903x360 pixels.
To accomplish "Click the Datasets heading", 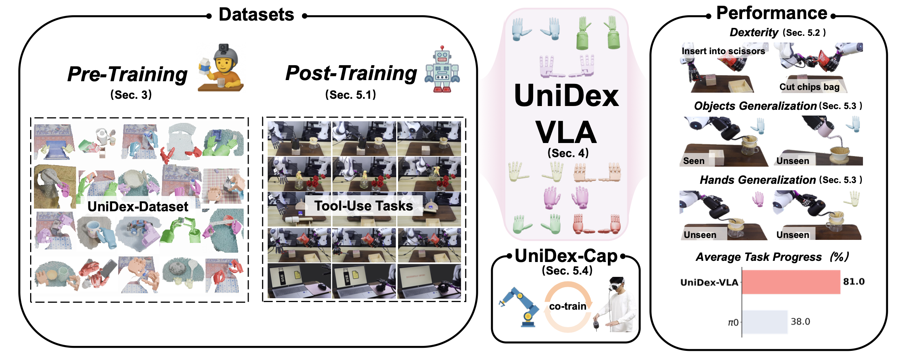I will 256,15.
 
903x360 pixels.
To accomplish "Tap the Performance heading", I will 771,13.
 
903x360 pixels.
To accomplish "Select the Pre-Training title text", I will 127,74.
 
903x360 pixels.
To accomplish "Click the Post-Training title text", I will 351,73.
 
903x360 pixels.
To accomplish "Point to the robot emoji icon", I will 442,69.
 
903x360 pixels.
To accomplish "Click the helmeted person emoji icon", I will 221,68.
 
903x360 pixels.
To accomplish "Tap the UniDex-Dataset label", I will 138,207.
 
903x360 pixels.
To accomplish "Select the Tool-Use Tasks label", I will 363,206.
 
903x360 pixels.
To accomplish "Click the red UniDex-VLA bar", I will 791,282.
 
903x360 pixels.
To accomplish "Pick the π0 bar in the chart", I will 765,322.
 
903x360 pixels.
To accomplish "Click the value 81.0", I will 853,282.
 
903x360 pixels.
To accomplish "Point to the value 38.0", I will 800,322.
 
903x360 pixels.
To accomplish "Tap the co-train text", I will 567,306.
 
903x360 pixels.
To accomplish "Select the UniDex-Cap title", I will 566,256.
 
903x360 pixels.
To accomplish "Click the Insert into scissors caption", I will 723,51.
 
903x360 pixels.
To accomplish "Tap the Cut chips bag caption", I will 809,87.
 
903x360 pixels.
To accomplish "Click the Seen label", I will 694,161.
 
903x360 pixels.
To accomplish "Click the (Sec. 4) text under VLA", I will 568,153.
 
